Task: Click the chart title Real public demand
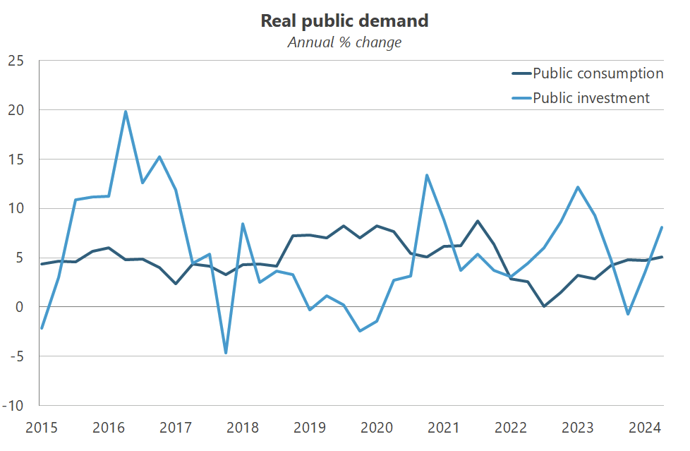[344, 20]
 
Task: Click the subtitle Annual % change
[344, 42]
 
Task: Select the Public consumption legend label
[598, 73]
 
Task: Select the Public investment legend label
[591, 98]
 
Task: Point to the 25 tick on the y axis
[16, 61]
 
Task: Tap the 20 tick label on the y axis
[16, 110]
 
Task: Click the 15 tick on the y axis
[16, 160]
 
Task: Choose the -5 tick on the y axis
[17, 356]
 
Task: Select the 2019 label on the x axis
[309, 428]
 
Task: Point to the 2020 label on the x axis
[376, 428]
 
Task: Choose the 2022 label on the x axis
[510, 428]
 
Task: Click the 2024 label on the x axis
[644, 428]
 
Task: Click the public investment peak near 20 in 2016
[126, 112]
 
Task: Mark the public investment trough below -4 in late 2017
[226, 353]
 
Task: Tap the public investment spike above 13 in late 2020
[427, 175]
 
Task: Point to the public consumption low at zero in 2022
[544, 306]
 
